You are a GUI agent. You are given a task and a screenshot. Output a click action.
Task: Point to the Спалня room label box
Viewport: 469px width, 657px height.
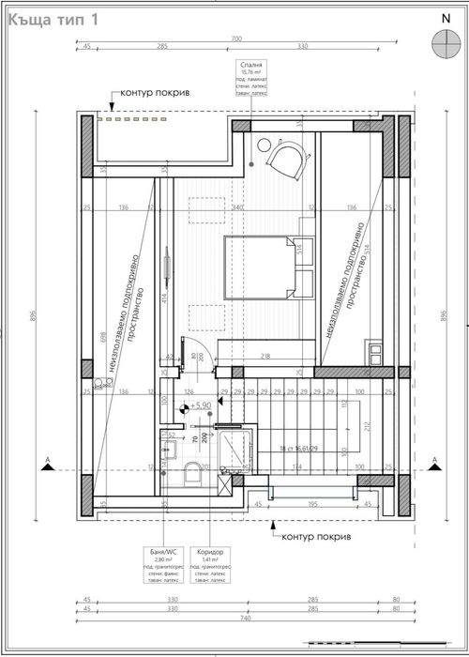(253, 79)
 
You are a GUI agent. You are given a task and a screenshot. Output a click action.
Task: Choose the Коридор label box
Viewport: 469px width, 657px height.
(212, 565)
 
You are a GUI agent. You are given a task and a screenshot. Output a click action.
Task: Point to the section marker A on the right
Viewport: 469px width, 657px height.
(435, 461)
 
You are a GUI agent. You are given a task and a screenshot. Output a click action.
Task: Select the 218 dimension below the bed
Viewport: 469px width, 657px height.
(265, 356)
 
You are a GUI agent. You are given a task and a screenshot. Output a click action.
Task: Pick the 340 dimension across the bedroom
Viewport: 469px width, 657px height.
(238, 207)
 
